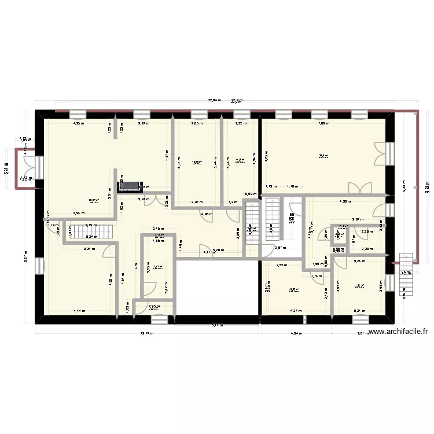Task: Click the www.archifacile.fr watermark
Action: pos(398,332)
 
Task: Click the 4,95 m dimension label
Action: pos(78,123)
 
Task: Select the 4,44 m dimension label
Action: pos(79,311)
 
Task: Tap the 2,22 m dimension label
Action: pos(241,123)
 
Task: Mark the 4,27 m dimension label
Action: pos(296,311)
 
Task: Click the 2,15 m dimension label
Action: pos(157,229)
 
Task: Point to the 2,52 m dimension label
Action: pos(281,266)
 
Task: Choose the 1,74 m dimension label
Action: pos(317,276)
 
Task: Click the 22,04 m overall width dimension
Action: pos(215,101)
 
